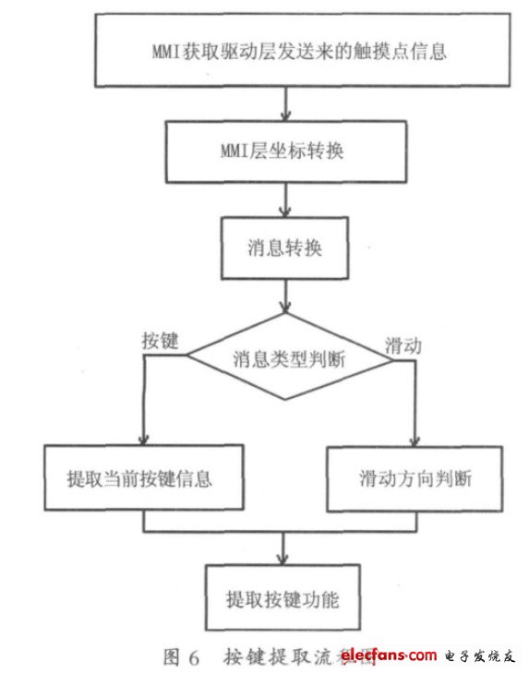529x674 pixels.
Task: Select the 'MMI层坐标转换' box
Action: (x=285, y=151)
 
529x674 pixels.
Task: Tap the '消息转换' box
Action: (x=285, y=248)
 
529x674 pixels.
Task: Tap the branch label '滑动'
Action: (x=403, y=346)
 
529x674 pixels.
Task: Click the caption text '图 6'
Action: (x=181, y=657)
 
